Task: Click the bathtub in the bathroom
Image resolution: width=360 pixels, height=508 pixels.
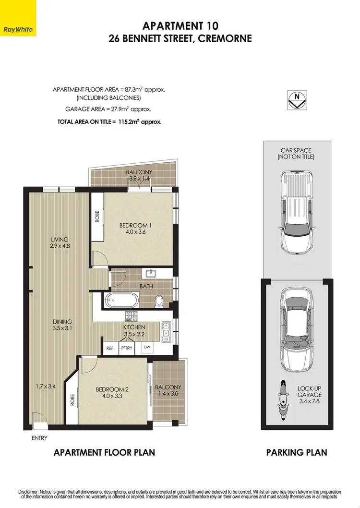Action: [x=121, y=301]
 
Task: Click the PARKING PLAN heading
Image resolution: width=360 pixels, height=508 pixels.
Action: [x=296, y=452]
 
